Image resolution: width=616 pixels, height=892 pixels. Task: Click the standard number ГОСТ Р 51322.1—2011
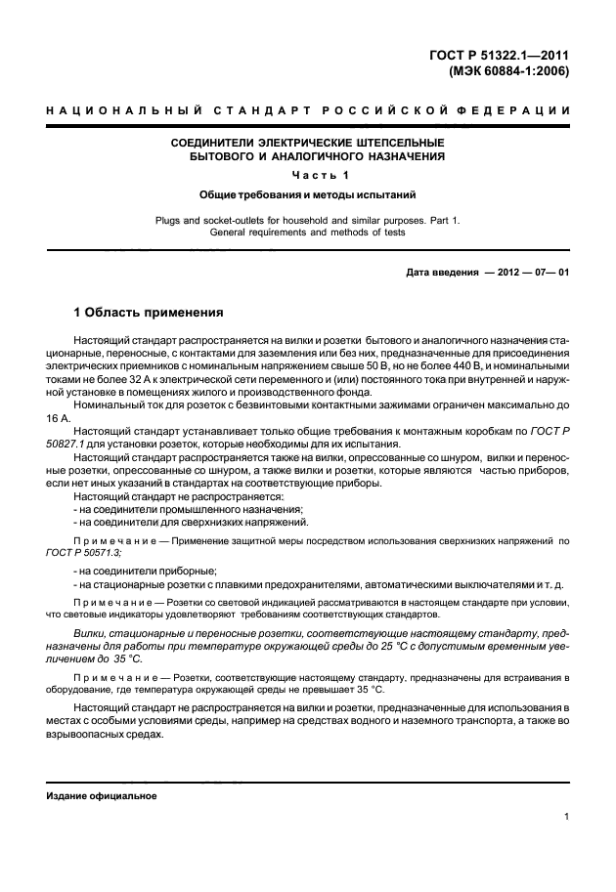(x=500, y=55)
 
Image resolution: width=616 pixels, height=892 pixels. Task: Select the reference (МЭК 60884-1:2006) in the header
(x=507, y=71)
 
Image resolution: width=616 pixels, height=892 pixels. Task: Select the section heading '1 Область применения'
(x=150, y=313)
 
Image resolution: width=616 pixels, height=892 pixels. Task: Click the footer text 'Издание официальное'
(x=102, y=796)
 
